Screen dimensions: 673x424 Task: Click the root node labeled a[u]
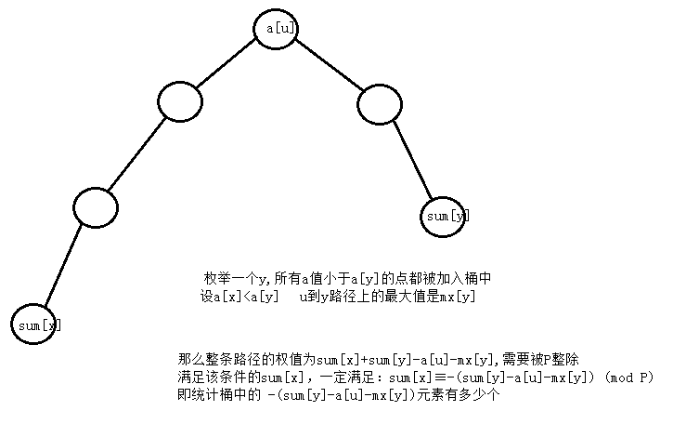pos(280,29)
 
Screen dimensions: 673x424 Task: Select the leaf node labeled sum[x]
pos(38,325)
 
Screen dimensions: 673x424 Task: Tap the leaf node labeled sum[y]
pos(447,215)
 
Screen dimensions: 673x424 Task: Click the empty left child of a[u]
pos(180,101)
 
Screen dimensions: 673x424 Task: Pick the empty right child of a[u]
pos(380,104)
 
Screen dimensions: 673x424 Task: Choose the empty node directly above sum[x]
pos(96,207)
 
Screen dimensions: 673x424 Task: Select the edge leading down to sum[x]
pos(64,269)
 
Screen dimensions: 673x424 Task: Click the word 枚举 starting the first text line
pos(215,278)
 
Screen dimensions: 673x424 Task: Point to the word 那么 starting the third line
pos(188,359)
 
